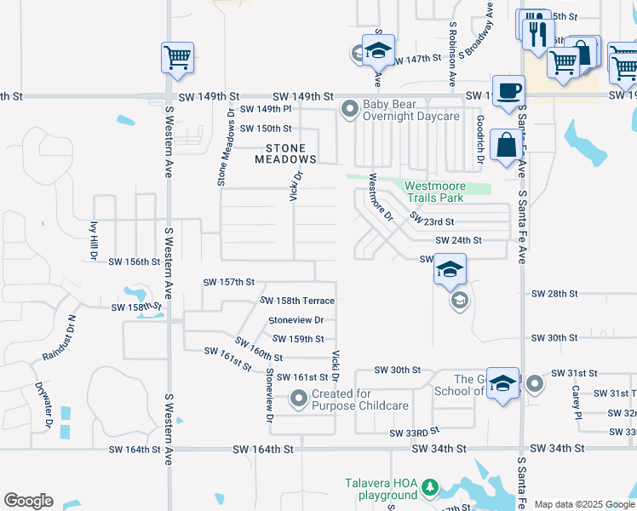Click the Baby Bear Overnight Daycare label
411,110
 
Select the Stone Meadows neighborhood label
285,153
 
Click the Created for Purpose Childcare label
359,399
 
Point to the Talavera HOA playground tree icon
430,487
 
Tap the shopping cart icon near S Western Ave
177,58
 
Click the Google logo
28,501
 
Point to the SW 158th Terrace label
297,301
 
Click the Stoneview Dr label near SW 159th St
296,320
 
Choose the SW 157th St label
229,282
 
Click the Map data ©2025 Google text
584,503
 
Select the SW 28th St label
554,293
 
